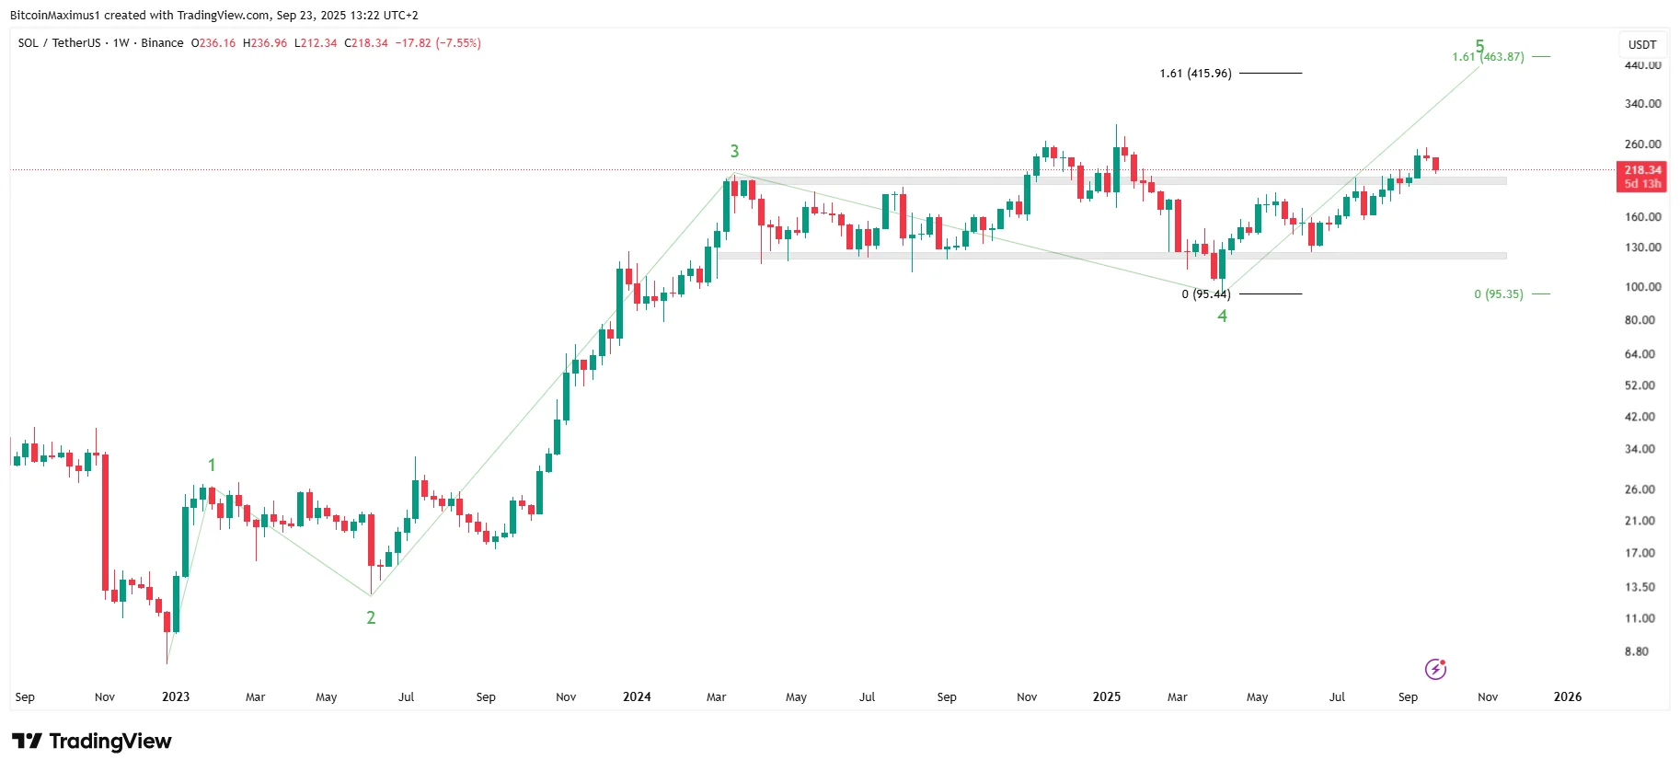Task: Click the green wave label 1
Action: click(x=212, y=465)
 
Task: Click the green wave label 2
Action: click(x=371, y=617)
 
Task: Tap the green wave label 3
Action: click(x=734, y=151)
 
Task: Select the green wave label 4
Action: click(x=1222, y=316)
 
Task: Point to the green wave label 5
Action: click(x=1479, y=45)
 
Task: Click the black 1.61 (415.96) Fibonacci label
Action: click(x=1195, y=74)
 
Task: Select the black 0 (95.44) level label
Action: click(x=1205, y=294)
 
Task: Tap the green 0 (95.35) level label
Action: click(x=1498, y=294)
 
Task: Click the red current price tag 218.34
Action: click(x=1642, y=170)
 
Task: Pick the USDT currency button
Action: click(x=1642, y=44)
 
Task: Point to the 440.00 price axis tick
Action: click(x=1642, y=65)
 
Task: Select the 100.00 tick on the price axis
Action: click(x=1642, y=287)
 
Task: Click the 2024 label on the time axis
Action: click(x=637, y=696)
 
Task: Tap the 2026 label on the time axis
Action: click(x=1567, y=696)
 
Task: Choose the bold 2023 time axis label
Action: click(x=176, y=696)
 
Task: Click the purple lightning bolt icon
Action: click(x=1435, y=669)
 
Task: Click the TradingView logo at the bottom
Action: click(x=92, y=742)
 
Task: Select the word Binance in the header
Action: click(x=162, y=43)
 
